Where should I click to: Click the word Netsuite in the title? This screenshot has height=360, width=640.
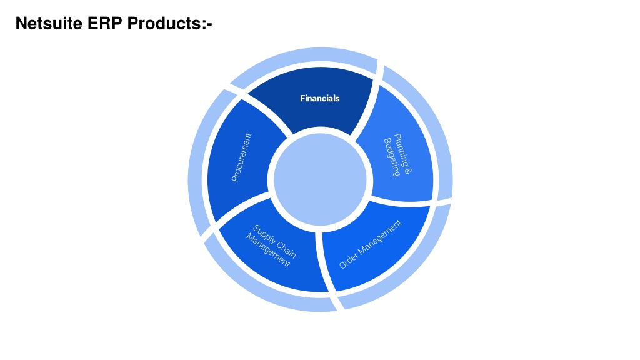tap(49, 23)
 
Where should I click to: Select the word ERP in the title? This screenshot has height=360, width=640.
tap(104, 23)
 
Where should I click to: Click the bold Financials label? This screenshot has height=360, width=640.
tap(319, 98)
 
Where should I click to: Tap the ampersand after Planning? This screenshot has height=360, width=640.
tap(407, 171)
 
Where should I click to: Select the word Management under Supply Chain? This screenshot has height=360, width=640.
tap(268, 250)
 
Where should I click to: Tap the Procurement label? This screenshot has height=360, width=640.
tap(241, 157)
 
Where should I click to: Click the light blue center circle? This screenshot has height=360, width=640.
tap(320, 179)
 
